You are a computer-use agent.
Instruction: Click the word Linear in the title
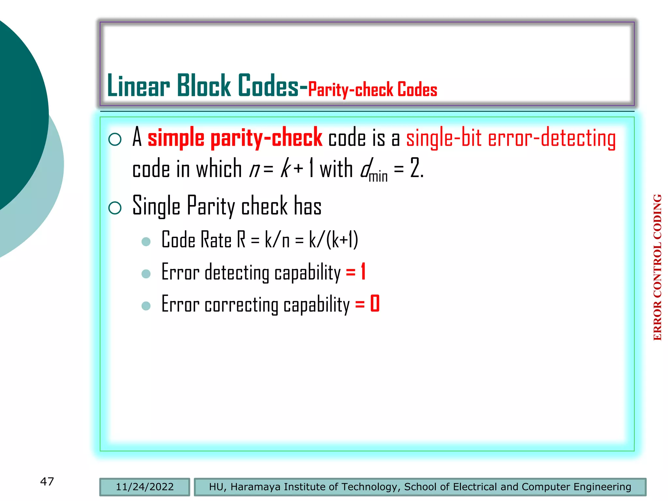click(138, 86)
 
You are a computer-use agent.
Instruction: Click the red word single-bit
click(444, 138)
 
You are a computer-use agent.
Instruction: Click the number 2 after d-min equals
click(415, 168)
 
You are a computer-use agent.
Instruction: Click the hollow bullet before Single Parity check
click(115, 208)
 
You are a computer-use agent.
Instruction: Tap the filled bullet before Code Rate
click(146, 242)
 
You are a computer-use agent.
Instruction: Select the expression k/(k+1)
click(333, 240)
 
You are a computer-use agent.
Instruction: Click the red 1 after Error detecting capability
click(363, 272)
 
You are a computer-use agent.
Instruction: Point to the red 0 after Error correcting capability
click(375, 304)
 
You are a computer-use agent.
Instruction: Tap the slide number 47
click(47, 481)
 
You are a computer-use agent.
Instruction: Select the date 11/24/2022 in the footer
click(144, 487)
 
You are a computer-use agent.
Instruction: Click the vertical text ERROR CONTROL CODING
click(658, 267)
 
